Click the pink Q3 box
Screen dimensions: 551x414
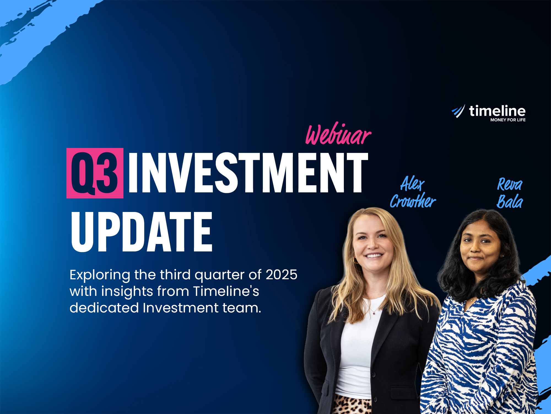95,173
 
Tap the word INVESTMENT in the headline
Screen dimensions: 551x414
248,173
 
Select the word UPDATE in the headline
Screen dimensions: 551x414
142,232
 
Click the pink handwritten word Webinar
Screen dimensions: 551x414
338,134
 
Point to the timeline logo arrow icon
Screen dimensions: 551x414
458,111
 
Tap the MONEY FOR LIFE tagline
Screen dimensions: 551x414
508,120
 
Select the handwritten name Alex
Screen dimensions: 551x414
412,184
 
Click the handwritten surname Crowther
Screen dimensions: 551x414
413,201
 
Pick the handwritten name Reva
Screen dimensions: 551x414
510,184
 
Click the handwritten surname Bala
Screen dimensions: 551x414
510,201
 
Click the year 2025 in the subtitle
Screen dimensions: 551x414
281,275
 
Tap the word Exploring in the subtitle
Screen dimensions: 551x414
100,275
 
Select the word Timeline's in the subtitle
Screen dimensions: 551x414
226,291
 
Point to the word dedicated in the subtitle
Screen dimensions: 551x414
104,308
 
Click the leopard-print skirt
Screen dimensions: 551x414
351,405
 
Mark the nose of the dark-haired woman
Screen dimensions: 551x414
476,248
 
